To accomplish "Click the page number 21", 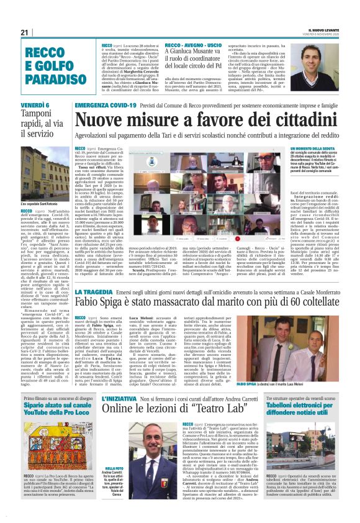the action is pyautogui.click(x=25, y=32).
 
